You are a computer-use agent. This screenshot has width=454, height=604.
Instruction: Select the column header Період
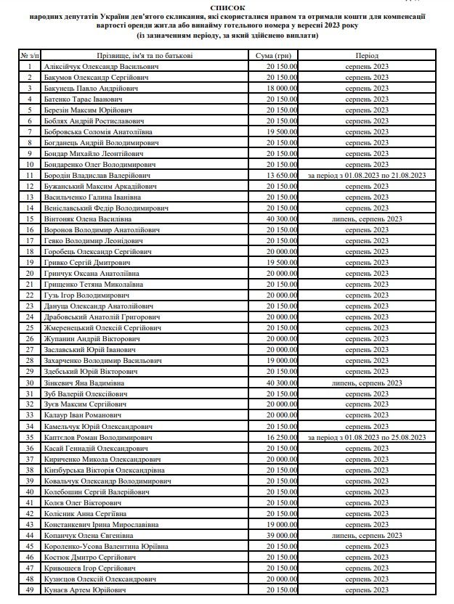367,55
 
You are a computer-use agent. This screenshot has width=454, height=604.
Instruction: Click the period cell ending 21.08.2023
367,175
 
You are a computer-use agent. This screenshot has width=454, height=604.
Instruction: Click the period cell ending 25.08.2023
367,437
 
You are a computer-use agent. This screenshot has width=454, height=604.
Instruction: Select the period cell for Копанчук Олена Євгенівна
367,535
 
